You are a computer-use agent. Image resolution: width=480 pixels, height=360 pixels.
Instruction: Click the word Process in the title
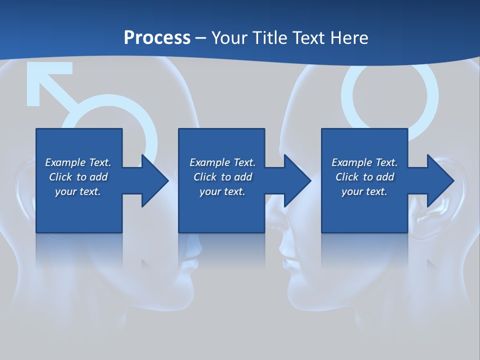157,38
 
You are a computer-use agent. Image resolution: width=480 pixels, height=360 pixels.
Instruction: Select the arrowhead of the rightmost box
440,180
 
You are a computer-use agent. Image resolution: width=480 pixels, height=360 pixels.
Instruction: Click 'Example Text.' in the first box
78,162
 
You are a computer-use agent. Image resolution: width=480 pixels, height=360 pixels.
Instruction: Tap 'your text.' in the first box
78,191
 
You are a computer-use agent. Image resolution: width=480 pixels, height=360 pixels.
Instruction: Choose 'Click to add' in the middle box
222,177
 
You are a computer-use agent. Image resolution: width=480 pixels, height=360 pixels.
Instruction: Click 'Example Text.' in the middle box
222,162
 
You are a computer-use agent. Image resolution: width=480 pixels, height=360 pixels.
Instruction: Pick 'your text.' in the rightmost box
364,191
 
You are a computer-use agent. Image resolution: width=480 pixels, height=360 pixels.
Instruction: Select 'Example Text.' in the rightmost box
364,162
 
